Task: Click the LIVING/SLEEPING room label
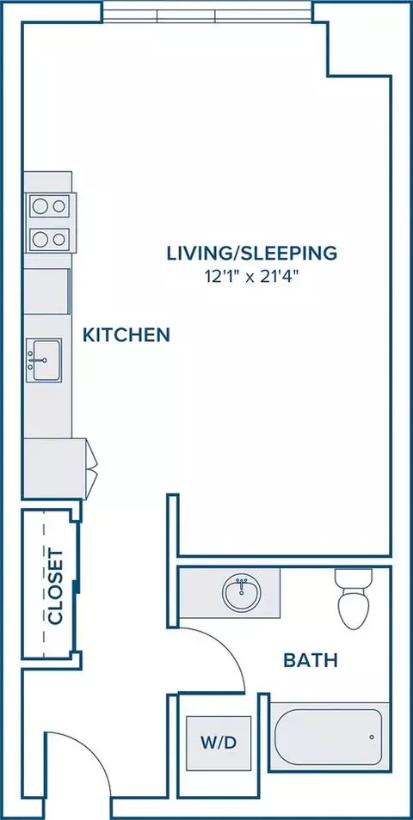[x=252, y=253]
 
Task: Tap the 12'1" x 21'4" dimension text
[x=252, y=277]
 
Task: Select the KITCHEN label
[x=126, y=334]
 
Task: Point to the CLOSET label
[x=55, y=586]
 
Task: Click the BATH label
[x=311, y=660]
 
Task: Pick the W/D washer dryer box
[x=219, y=744]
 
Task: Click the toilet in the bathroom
[x=351, y=599]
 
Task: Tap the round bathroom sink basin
[x=242, y=592]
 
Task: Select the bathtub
[x=328, y=737]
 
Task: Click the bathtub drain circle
[x=372, y=737]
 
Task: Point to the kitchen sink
[x=44, y=359]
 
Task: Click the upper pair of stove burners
[x=49, y=206]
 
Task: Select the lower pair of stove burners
[x=49, y=240]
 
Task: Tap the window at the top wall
[x=206, y=11]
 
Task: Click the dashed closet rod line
[x=43, y=584]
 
